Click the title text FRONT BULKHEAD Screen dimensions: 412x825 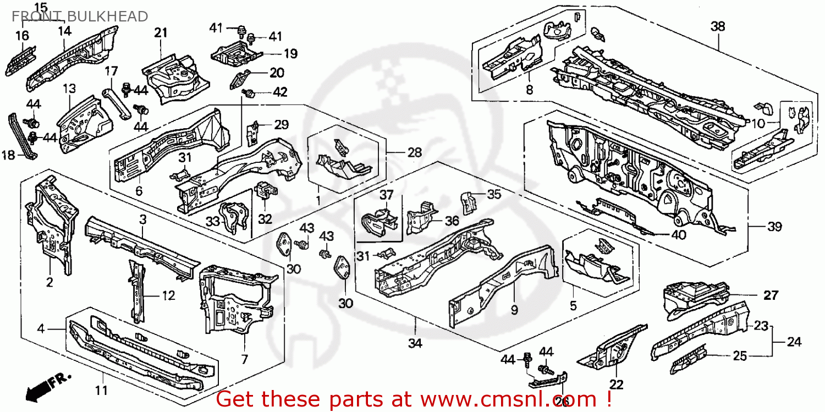tap(80, 17)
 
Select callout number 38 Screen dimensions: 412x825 tap(718, 26)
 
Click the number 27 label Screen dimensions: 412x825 tap(771, 295)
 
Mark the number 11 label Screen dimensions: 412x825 tap(101, 391)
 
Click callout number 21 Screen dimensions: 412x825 tap(161, 33)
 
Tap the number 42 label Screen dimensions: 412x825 tap(280, 92)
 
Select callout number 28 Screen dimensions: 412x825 tap(414, 152)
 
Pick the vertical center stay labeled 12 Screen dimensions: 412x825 tap(135, 292)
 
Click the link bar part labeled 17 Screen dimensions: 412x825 tap(117, 101)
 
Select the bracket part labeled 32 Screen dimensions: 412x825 tap(266, 193)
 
